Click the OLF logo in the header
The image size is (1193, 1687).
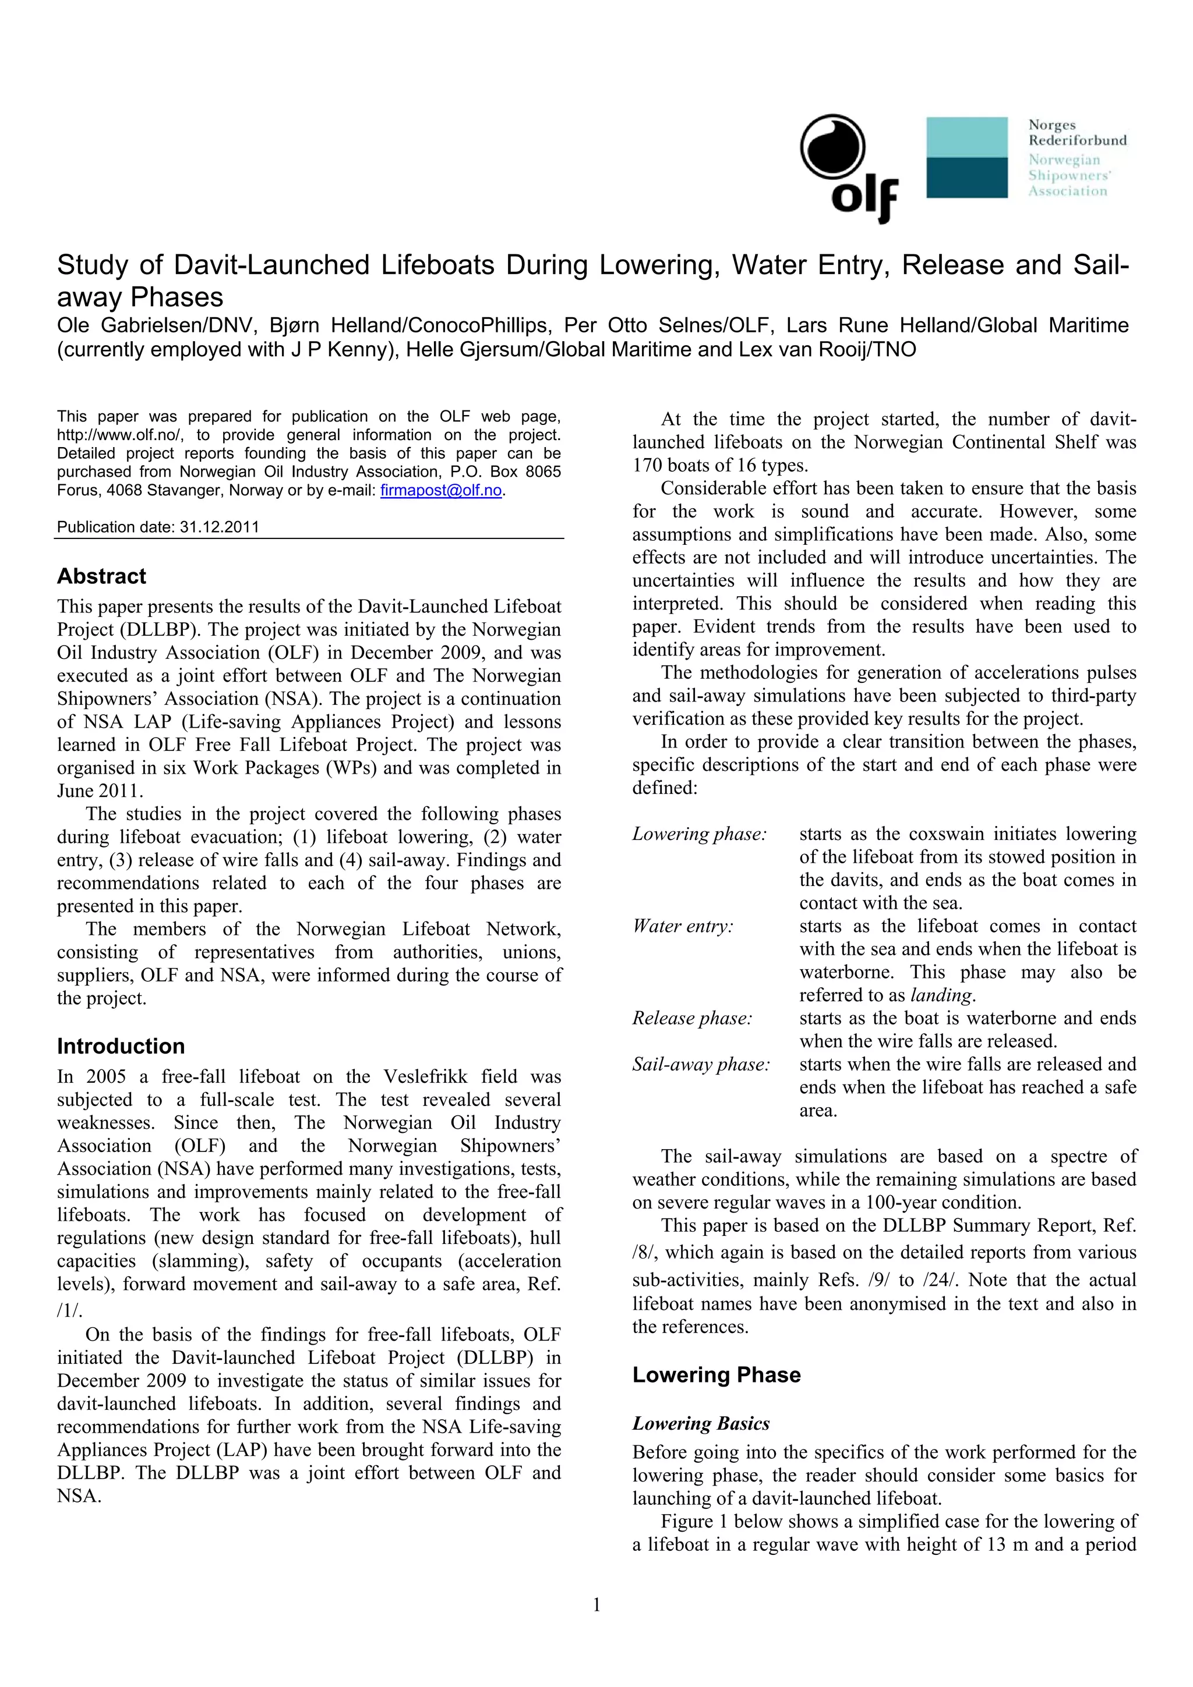(x=848, y=168)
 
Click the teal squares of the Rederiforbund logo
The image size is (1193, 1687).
(x=966, y=157)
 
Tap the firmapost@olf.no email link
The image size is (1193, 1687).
(x=441, y=490)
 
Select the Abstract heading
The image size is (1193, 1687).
(x=101, y=576)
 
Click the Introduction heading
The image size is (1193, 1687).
(x=121, y=1046)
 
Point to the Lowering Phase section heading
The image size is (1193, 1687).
(x=716, y=1375)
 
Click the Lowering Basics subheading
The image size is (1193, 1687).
(x=701, y=1423)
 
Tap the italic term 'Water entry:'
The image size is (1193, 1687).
(x=683, y=926)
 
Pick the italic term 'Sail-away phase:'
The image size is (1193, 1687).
(x=701, y=1064)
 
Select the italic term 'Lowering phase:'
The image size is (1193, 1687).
(x=699, y=834)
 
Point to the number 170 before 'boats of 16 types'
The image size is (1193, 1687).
(x=647, y=465)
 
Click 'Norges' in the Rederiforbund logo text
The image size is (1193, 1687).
(x=1052, y=125)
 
